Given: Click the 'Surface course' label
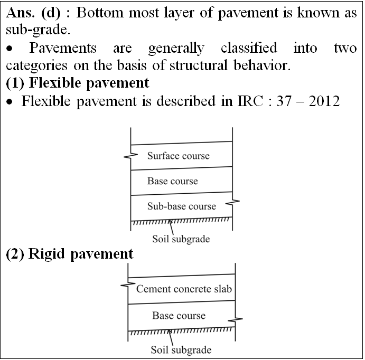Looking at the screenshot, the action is coord(179,156).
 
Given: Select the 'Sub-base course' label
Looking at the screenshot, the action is coord(182,206).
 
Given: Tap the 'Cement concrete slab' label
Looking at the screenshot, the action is coord(184,289).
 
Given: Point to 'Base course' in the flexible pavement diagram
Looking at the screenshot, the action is coord(173,181).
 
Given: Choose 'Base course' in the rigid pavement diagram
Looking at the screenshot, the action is coord(179,316).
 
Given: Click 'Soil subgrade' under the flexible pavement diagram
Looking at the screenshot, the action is coord(181,239).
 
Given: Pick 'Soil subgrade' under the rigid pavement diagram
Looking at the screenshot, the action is coord(181,350).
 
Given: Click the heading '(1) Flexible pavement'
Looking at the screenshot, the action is coord(77,83).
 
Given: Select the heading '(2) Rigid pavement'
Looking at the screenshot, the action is coord(70,254).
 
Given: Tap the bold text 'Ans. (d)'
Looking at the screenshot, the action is coord(33,13).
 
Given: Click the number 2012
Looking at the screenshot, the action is coord(324,101).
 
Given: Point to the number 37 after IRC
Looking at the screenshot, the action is coord(284,101).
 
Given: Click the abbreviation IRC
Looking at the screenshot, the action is coord(250,101).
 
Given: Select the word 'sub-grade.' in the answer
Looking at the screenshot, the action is coord(38,30).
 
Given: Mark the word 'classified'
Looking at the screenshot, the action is coord(249,48).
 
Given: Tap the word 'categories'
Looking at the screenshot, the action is coord(36,65).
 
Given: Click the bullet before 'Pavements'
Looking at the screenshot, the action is coord(10,49).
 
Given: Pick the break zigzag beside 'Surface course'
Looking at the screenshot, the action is coord(131,156).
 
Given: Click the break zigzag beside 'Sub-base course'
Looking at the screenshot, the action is coord(232,203).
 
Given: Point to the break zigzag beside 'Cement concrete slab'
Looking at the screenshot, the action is coord(128,285).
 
